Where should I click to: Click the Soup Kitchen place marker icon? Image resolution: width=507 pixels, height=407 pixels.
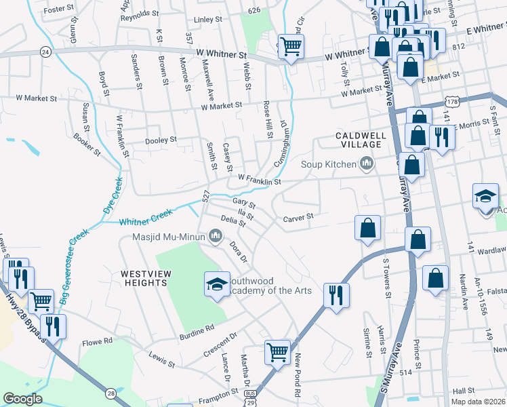point(367,163)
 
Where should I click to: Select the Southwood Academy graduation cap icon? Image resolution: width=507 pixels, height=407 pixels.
point(217,284)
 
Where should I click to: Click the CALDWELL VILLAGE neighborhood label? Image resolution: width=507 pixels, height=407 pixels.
point(361,140)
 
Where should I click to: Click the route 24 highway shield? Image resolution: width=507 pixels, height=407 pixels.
point(45,52)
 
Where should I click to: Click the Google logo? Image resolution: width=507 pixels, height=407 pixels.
point(22,399)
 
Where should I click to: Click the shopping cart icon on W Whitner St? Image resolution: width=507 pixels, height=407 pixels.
point(291,47)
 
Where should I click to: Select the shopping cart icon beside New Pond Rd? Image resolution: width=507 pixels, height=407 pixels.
point(277,352)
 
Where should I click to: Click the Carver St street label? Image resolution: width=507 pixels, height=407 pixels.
point(299,217)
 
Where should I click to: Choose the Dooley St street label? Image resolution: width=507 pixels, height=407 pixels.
point(161,140)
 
